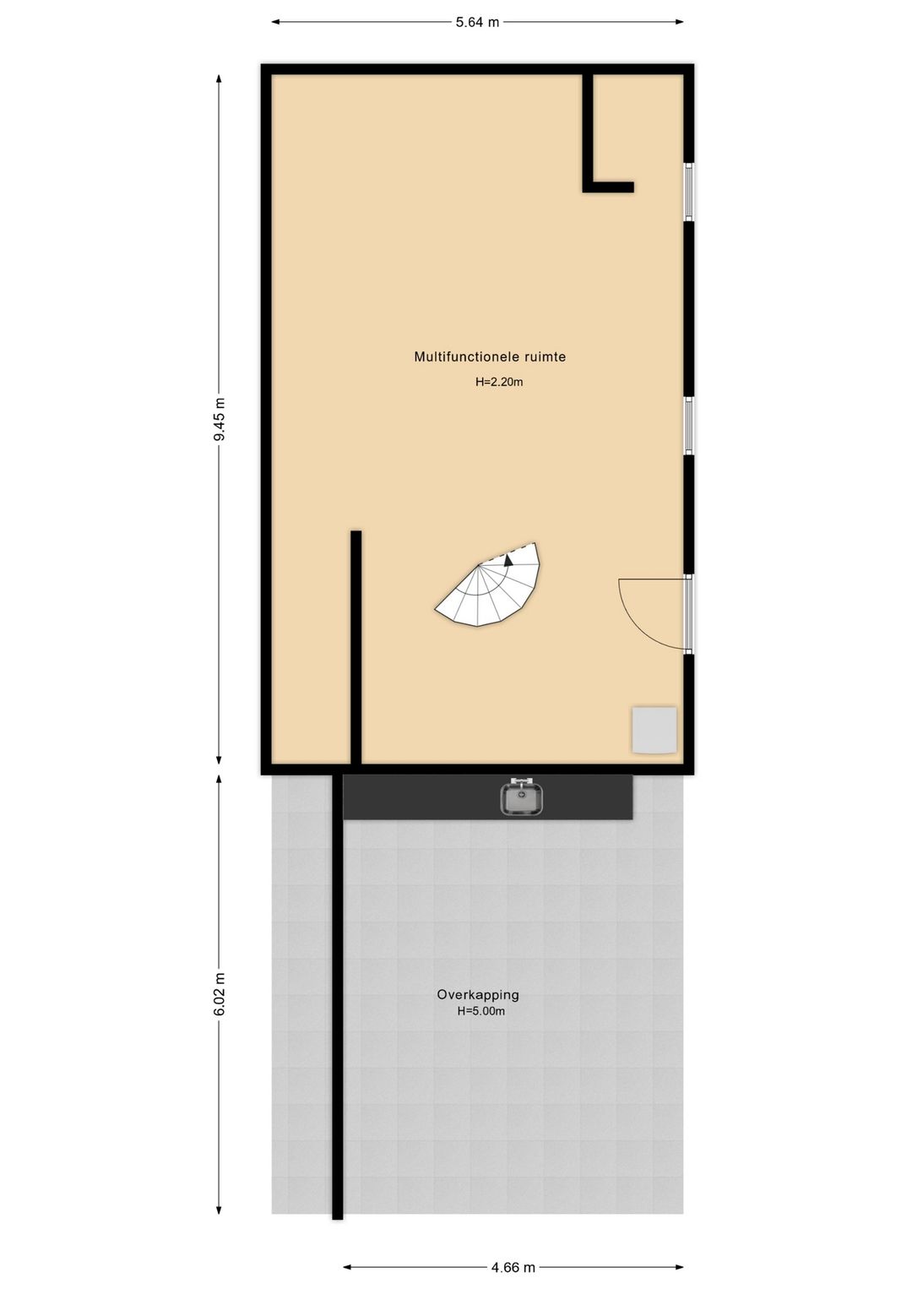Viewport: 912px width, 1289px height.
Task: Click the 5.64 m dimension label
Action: click(x=477, y=23)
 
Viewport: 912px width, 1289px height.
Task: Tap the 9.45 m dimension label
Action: click(x=220, y=419)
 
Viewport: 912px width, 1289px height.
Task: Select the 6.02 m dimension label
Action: click(x=220, y=994)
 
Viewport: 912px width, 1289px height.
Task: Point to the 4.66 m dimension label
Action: click(x=513, y=1266)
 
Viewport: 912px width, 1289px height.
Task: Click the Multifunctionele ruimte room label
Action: click(x=490, y=356)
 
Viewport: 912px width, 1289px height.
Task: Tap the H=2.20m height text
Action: click(x=499, y=382)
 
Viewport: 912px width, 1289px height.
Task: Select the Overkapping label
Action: click(x=478, y=994)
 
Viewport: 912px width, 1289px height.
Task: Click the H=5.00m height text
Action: click(x=481, y=1011)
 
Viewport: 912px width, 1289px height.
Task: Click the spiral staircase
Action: click(x=489, y=587)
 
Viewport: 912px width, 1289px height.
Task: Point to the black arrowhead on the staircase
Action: click(x=508, y=560)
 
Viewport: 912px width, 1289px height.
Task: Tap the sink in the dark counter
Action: click(x=521, y=797)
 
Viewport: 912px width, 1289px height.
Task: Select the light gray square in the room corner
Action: click(x=654, y=731)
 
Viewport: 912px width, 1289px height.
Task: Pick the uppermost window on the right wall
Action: click(x=688, y=191)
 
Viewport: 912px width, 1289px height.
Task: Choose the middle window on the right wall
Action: click(x=688, y=426)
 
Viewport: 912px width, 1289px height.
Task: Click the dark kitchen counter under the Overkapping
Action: click(x=488, y=797)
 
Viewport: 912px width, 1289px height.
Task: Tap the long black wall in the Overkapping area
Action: click(x=338, y=996)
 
